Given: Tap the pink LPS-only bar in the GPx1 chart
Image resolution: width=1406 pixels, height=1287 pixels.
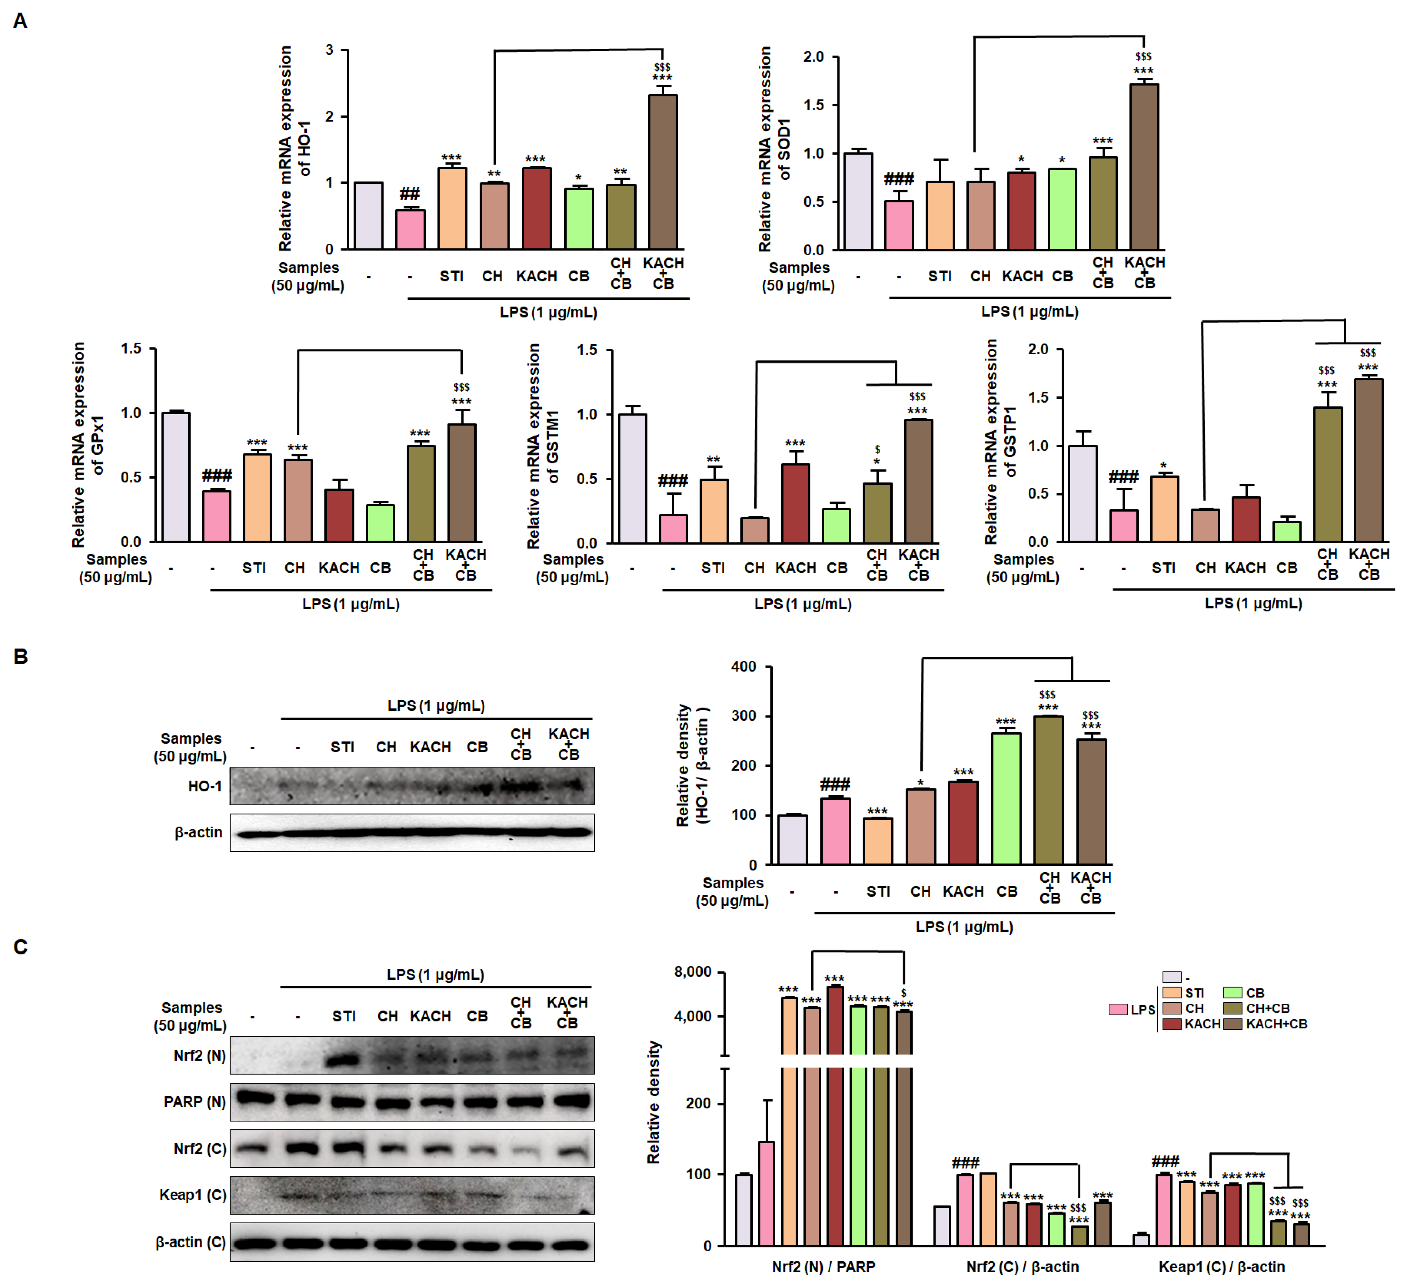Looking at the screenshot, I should coord(216,516).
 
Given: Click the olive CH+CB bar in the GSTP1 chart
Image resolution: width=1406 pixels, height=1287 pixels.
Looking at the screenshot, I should coord(1327,474).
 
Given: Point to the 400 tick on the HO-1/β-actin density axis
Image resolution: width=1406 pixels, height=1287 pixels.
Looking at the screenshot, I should coord(743,667).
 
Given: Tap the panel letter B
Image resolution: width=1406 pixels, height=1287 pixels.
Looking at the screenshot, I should coord(21,657).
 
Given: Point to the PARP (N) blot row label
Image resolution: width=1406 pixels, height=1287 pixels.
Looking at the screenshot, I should coord(194,1102).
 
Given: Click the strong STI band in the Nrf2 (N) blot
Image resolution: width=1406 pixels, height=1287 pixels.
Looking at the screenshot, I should coord(343,1060).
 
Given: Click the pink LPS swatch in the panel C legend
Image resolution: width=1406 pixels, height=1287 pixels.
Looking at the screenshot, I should coord(1118,1009).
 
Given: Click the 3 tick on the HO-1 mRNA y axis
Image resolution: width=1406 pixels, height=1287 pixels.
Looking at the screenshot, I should coord(329,50).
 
